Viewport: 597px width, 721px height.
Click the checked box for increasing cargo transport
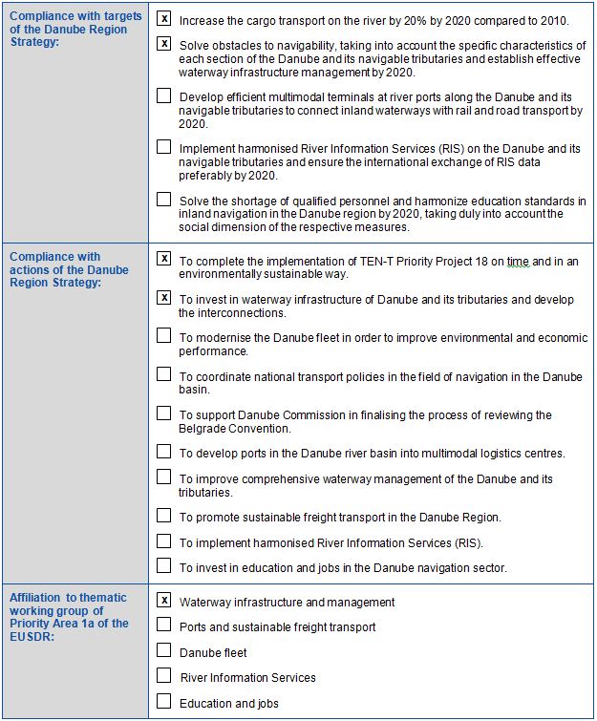(x=164, y=19)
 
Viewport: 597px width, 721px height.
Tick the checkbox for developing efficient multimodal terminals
(x=164, y=95)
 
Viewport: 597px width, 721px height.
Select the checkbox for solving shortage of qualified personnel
(x=164, y=200)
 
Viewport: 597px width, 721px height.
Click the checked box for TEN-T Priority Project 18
(x=164, y=259)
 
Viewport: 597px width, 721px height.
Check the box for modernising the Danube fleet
(x=164, y=336)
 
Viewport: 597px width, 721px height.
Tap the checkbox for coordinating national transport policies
(x=164, y=374)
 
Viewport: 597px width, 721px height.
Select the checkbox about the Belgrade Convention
(x=164, y=414)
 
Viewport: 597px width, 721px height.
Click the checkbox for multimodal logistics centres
(x=164, y=452)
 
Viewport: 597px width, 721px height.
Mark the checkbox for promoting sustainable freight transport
(x=164, y=516)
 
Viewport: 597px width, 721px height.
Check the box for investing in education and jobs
(x=164, y=566)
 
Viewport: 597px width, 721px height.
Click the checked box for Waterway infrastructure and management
(x=164, y=601)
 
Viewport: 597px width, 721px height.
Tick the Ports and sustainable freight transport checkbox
(x=164, y=626)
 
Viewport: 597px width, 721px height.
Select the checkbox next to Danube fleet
(x=164, y=651)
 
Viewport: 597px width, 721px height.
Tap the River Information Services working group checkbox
(x=164, y=676)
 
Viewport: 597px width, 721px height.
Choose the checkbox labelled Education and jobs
(x=164, y=702)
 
